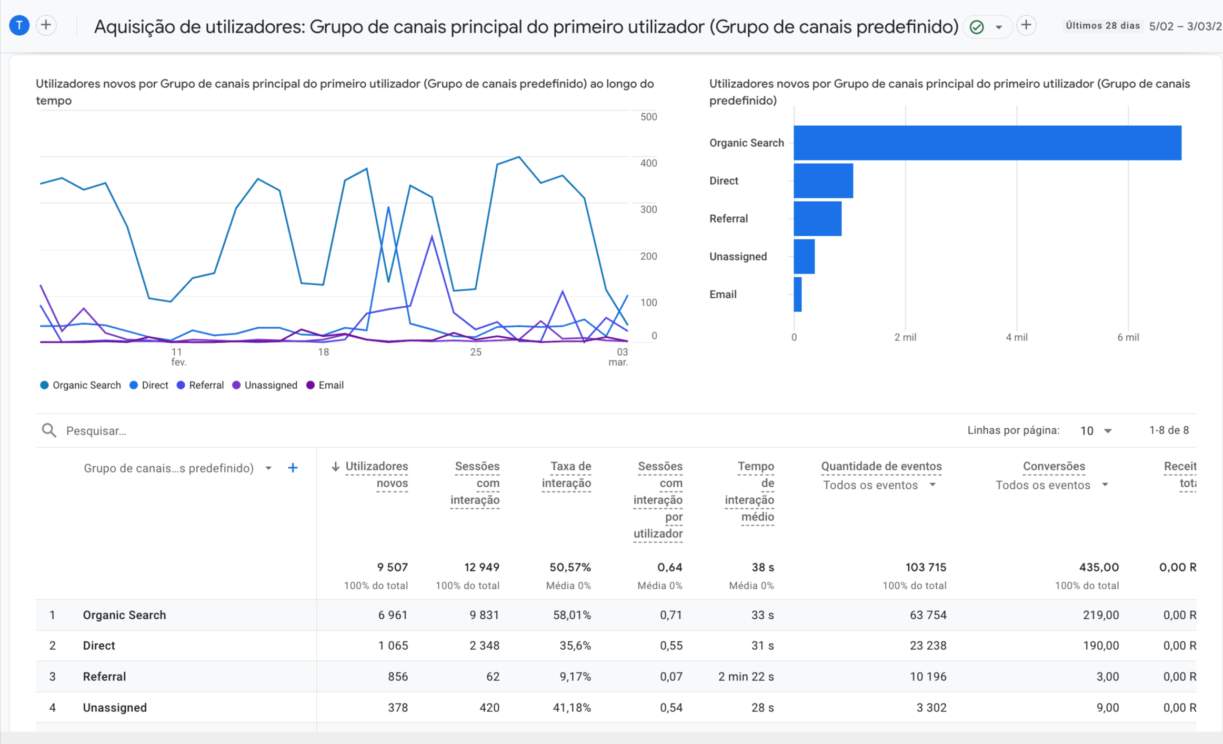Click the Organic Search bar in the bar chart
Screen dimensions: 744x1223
987,143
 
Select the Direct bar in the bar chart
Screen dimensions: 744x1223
823,180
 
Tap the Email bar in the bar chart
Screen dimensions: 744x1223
798,295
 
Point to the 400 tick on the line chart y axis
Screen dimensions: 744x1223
648,163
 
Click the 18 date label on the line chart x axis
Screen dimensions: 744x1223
323,352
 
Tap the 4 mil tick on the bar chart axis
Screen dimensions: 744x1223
1016,337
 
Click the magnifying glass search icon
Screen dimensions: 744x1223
49,430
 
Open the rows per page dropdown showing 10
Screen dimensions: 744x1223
1096,431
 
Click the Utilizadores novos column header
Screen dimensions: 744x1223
376,475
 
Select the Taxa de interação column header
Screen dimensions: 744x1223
567,475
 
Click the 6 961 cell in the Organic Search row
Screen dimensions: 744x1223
393,615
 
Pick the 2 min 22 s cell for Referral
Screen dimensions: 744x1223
746,677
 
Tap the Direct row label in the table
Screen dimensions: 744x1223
99,646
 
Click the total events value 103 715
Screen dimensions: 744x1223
926,567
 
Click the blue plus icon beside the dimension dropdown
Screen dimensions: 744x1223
293,468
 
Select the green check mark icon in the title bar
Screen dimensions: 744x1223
977,26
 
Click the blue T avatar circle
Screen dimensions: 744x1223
19,25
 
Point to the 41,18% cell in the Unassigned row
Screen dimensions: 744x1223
572,708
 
